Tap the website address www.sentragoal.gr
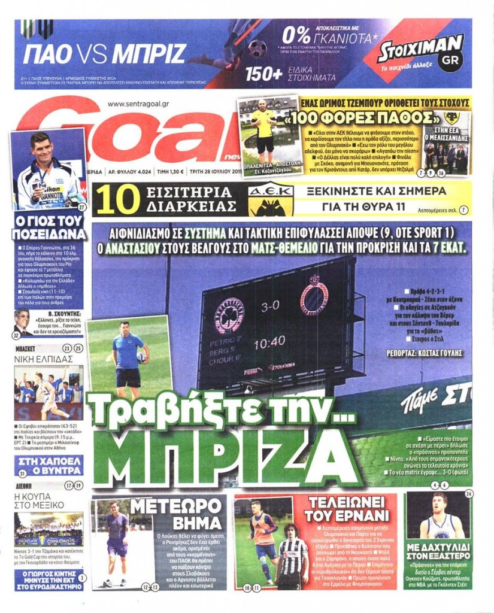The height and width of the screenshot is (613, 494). [138, 104]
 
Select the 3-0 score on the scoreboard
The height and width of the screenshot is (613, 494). [270, 305]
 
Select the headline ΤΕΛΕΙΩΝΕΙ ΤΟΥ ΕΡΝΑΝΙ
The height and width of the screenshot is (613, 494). [347, 509]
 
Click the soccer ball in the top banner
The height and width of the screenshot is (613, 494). [257, 48]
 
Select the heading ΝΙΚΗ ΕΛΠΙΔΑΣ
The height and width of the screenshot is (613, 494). [40, 359]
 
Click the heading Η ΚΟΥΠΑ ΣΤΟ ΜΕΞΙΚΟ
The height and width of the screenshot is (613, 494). [39, 500]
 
